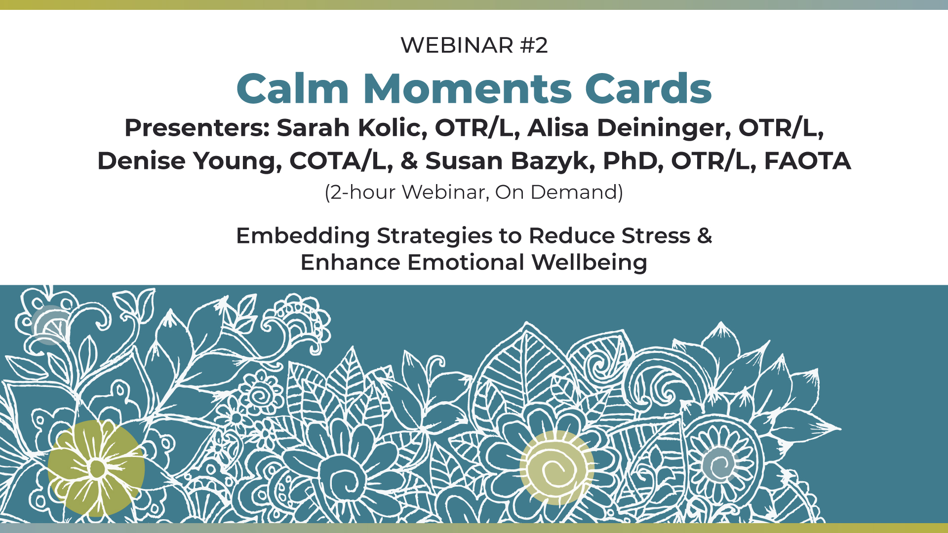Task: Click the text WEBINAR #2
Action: [474, 45]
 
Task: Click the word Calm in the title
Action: [293, 89]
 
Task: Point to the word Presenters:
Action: [197, 128]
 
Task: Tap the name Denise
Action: [141, 161]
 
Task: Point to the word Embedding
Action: [303, 236]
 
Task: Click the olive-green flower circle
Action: [96, 468]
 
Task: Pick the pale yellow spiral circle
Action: [556, 467]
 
